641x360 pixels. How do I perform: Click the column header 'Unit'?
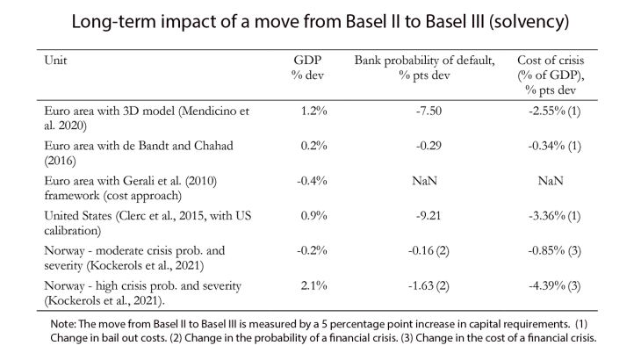click(55, 62)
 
